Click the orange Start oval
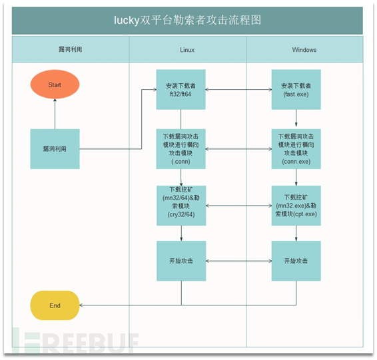tap(55, 85)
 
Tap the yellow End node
tap(55, 305)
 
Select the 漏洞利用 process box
tap(55, 149)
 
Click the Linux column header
tap(187, 50)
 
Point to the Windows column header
tap(304, 50)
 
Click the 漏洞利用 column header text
tap(70, 49)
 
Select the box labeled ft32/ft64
tap(181, 90)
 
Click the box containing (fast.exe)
tap(296, 90)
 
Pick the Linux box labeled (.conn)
tap(181, 149)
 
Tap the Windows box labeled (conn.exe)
tap(296, 149)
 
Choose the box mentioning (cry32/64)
tap(181, 206)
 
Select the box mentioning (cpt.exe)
tap(296, 206)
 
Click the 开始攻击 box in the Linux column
tap(181, 261)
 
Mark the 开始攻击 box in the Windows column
tap(296, 261)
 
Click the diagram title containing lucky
tap(187, 20)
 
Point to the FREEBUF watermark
tap(75, 341)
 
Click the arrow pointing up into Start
tap(55, 114)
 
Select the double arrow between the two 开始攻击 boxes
tap(238, 261)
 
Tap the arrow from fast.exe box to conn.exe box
tap(296, 118)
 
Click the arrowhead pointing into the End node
tap(81, 305)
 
